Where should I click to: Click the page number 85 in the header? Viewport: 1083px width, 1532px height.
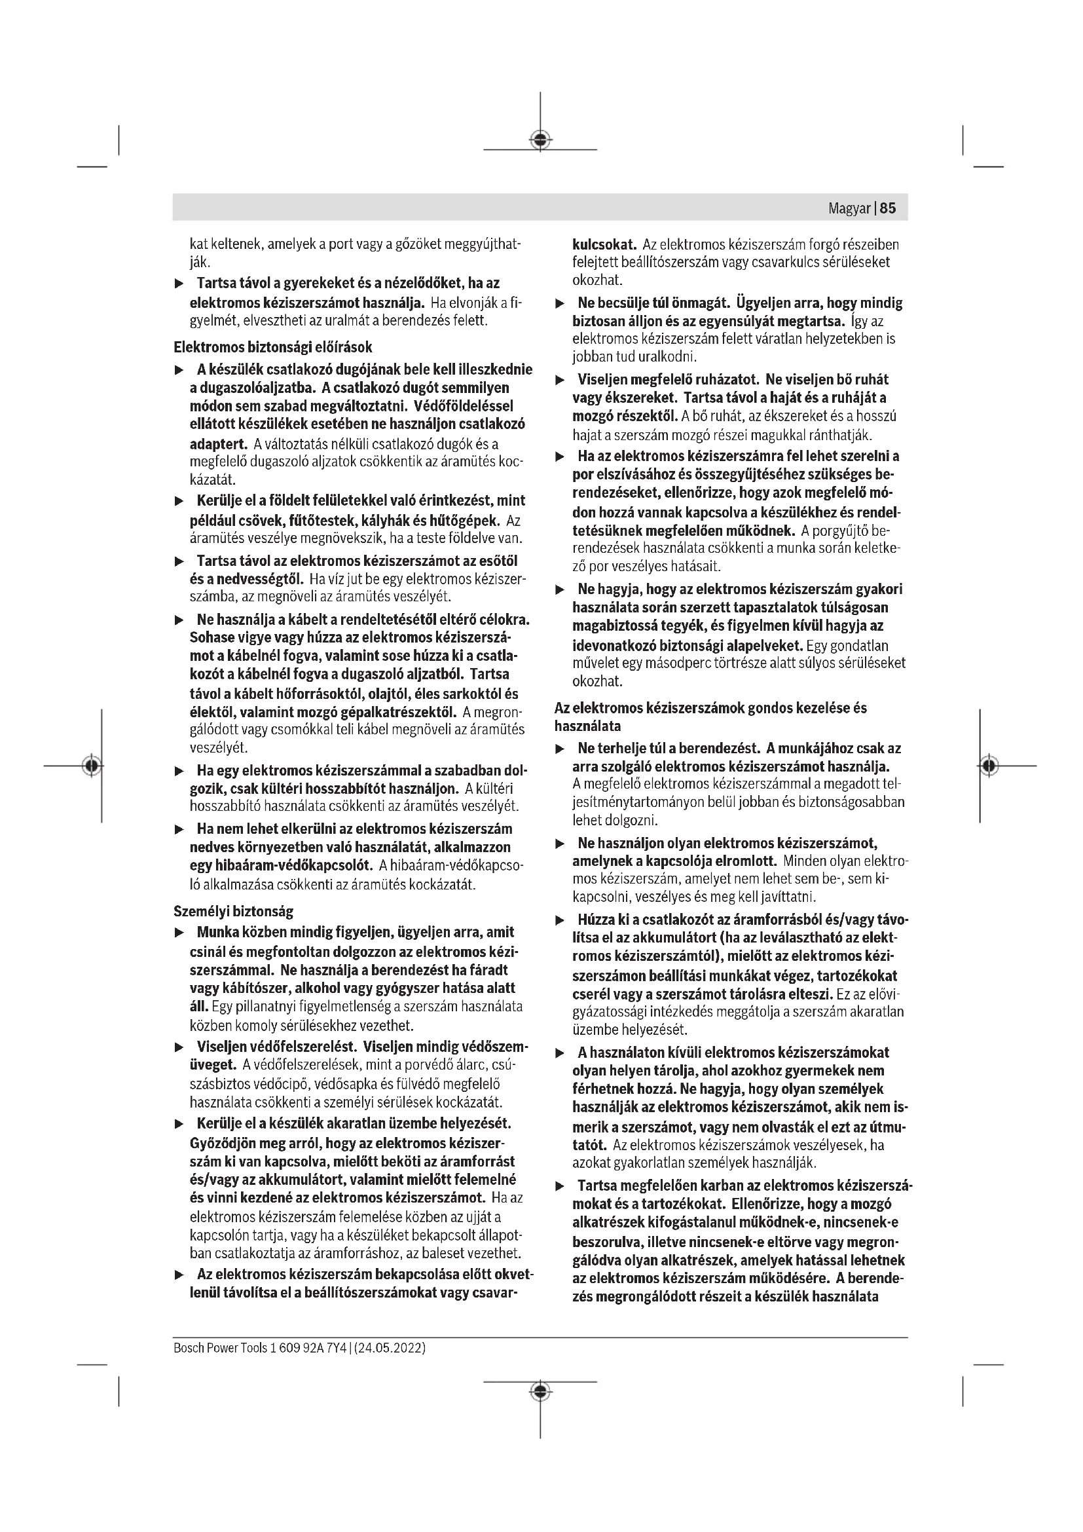point(888,208)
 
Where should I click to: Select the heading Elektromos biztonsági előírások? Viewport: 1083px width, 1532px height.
point(273,347)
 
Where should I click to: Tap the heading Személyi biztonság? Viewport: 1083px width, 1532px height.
point(232,911)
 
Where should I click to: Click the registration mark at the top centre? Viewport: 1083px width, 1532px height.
point(540,140)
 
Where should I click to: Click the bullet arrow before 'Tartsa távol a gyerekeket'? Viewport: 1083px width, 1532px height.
point(179,284)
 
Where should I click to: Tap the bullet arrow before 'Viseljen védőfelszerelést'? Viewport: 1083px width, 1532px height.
point(179,1045)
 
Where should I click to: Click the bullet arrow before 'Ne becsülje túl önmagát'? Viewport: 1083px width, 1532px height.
point(560,304)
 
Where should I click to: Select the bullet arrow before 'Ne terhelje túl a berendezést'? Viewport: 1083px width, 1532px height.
point(560,749)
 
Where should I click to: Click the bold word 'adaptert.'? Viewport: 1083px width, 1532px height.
point(218,443)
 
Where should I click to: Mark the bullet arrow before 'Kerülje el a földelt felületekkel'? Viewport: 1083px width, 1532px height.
point(179,501)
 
